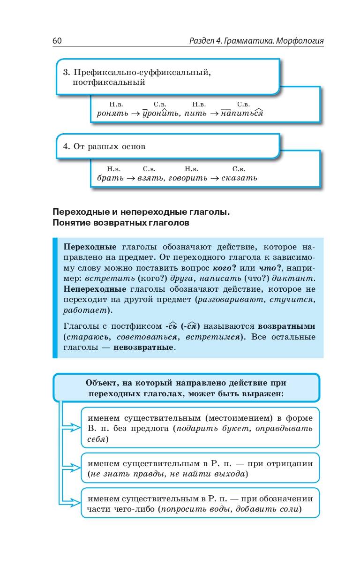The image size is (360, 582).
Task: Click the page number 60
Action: tap(57, 41)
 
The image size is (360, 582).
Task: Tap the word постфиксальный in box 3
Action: tap(109, 83)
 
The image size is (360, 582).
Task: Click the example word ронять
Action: tap(112, 113)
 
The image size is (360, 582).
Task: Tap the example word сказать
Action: tap(240, 178)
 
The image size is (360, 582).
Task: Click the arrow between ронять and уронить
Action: tap(135, 113)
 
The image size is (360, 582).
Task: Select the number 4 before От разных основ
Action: tap(66, 146)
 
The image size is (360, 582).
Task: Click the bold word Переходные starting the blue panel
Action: tap(90, 247)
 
